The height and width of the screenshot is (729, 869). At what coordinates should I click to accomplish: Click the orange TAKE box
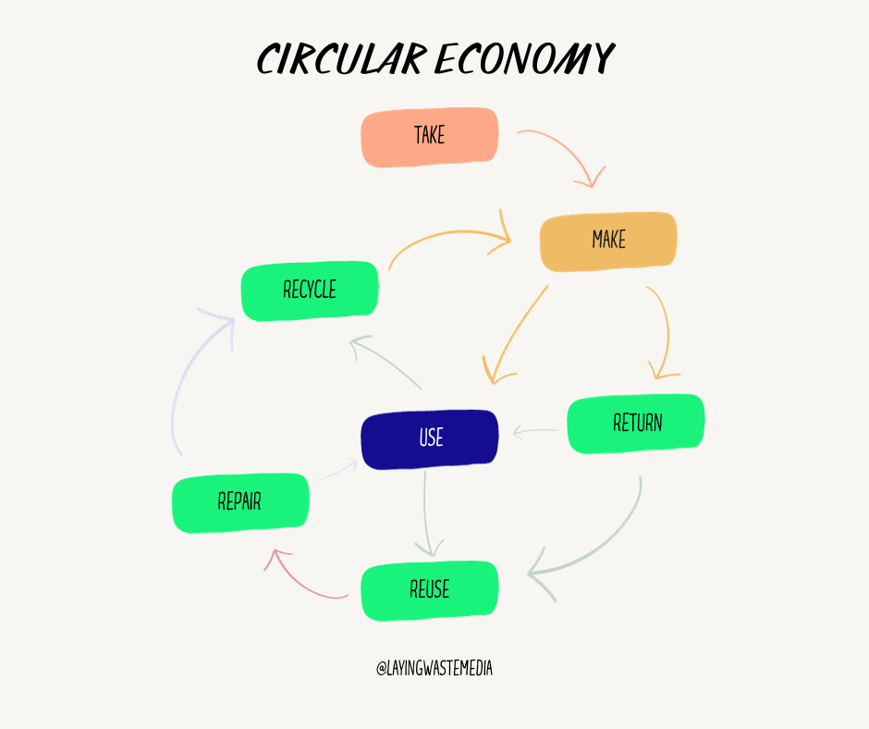[430, 137]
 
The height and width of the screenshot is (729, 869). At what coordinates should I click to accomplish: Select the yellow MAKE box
[608, 241]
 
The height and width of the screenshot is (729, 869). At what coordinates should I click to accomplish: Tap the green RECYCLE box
[310, 290]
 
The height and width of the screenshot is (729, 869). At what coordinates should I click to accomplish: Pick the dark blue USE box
[430, 439]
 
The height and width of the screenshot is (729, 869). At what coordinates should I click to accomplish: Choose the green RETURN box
[636, 424]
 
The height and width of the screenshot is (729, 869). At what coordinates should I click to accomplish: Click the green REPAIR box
[240, 502]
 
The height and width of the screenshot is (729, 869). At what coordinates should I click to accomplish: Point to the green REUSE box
[430, 590]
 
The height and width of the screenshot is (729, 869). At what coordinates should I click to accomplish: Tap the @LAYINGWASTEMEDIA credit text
[434, 669]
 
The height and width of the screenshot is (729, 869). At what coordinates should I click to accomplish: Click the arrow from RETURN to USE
[536, 431]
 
